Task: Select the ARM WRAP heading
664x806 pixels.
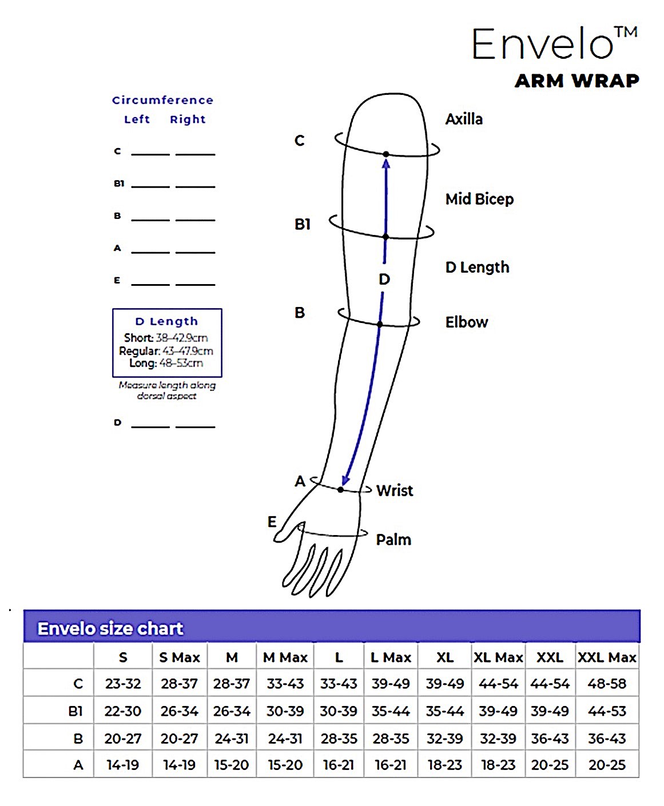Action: click(577, 81)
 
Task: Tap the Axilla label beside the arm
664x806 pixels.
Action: click(464, 119)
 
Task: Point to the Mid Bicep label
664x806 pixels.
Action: click(480, 199)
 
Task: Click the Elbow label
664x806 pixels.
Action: click(467, 322)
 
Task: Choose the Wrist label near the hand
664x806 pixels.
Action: click(395, 490)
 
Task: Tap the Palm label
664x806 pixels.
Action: click(393, 540)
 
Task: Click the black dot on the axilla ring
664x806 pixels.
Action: click(386, 154)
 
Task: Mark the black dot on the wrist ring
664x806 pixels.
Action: click(340, 489)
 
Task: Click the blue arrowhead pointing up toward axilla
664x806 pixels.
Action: click(386, 164)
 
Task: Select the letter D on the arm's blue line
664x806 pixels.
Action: click(384, 280)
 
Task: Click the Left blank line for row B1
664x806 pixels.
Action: click(150, 187)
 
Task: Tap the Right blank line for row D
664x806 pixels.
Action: click(195, 427)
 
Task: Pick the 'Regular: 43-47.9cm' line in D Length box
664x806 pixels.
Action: click(166, 351)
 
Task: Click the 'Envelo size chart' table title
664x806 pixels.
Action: click(110, 629)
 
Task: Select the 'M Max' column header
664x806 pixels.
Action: click(285, 657)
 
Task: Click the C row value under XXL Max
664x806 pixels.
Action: click(607, 684)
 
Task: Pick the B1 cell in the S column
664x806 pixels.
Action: click(123, 711)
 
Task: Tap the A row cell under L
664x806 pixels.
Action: click(339, 765)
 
